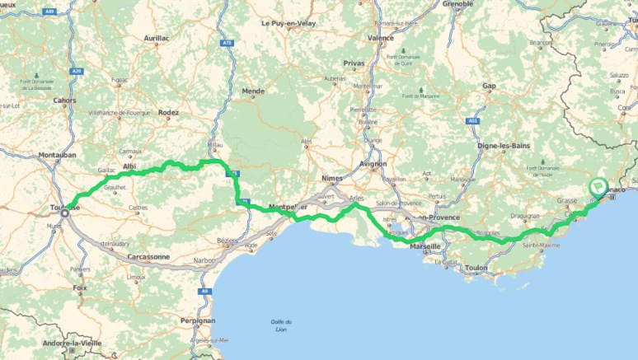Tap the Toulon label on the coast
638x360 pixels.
tap(476, 268)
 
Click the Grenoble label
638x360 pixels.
tap(458, 4)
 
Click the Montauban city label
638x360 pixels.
tap(57, 154)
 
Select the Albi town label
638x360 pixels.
tap(129, 166)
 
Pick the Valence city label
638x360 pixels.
tap(380, 38)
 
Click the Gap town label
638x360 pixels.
tap(489, 86)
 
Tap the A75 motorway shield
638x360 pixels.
tap(228, 43)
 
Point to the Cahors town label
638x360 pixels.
tap(64, 101)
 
